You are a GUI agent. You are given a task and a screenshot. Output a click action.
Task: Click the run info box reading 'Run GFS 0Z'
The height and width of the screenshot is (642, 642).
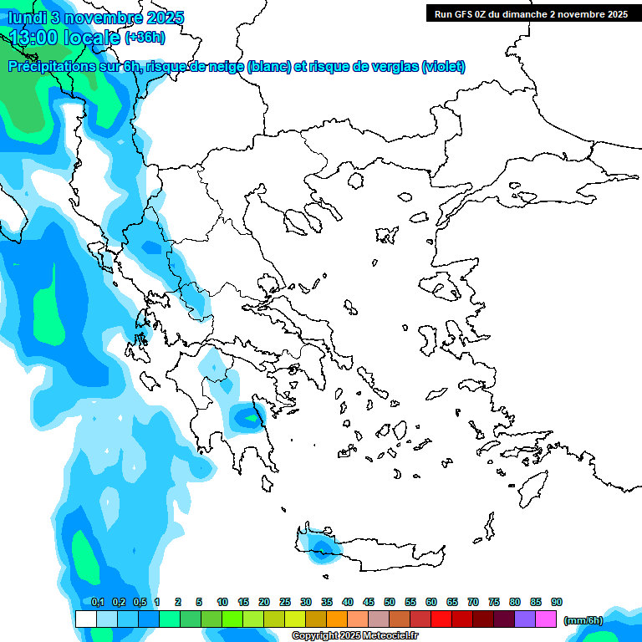pyautogui.click(x=529, y=13)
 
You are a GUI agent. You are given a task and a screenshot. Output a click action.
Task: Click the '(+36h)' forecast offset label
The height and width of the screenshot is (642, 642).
pyautogui.click(x=145, y=37)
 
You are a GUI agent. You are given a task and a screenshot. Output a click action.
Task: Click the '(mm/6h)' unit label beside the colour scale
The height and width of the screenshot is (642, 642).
pyautogui.click(x=583, y=619)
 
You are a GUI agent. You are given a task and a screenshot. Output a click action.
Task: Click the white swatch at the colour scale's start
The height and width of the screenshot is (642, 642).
pyautogui.click(x=85, y=619)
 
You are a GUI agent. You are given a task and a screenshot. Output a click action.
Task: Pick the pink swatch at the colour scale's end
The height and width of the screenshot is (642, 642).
pyautogui.click(x=546, y=619)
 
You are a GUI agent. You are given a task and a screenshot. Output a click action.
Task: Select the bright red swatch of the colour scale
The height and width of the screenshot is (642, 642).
pyautogui.click(x=441, y=619)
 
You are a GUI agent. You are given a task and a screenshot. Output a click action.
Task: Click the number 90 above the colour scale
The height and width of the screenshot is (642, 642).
pyautogui.click(x=557, y=602)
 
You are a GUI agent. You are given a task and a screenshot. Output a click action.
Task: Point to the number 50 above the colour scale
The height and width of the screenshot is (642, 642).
pyautogui.click(x=390, y=602)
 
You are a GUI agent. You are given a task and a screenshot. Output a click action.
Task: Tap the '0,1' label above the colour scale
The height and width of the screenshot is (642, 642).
pyautogui.click(x=97, y=602)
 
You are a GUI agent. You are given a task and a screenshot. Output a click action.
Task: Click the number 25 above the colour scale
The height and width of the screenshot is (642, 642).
pyautogui.click(x=285, y=602)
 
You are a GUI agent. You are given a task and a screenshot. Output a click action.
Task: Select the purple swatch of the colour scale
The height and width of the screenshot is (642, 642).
pyautogui.click(x=525, y=619)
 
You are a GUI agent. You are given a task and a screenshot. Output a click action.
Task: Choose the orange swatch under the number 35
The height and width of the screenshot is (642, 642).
pyautogui.click(x=337, y=619)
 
